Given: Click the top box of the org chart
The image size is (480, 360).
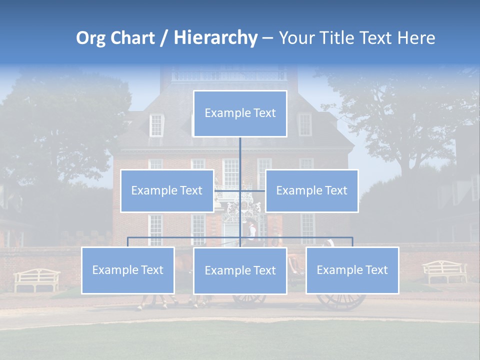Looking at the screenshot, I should tap(240, 113).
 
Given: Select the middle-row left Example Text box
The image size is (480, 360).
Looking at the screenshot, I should tap(167, 191).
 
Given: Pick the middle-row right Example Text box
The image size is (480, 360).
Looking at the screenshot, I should tap(311, 191).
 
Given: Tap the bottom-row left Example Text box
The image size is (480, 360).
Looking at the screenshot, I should tap(127, 270).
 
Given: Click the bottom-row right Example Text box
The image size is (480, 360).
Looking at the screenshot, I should tap(352, 270).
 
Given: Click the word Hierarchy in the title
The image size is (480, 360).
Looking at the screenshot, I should tap(215, 38).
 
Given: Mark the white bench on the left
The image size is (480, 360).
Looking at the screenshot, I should tap(37, 279).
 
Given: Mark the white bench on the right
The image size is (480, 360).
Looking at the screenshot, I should tap(444, 271).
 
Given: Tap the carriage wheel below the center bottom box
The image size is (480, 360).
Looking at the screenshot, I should tap(249, 298).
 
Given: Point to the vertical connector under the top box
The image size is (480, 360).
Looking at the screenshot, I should tap(240, 155).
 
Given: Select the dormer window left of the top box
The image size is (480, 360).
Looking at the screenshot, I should tap(156, 125).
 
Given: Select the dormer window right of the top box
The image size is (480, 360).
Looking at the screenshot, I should tap(304, 124).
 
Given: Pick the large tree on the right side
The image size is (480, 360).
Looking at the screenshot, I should tap(400, 115).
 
